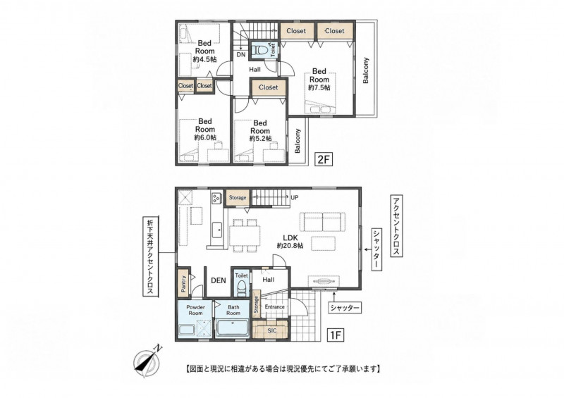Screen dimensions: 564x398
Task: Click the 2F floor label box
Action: pos(324,159)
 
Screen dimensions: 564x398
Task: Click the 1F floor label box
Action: pos(336,335)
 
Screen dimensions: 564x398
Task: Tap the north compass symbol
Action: pos(147,361)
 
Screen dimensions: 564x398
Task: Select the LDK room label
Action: pos(290,237)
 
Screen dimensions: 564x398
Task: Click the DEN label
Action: pos(218,280)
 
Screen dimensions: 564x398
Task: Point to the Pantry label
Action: pos(184,284)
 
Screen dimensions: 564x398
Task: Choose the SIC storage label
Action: pos(272,330)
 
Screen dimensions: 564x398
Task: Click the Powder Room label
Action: pos(196,310)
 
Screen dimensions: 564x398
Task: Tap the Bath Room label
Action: pos(233,310)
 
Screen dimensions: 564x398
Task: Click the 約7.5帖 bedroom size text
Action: pos(319,87)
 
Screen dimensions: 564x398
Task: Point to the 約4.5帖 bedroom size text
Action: pos(204,59)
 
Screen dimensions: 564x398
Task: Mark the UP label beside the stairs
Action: pos(294,198)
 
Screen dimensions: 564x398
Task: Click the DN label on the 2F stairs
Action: pos(241,55)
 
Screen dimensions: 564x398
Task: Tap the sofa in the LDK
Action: pos(323,222)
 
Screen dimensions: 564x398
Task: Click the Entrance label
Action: pos(275,306)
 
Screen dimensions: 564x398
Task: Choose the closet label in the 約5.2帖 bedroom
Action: pos(269,87)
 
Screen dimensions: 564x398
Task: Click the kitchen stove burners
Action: pos(216,198)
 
